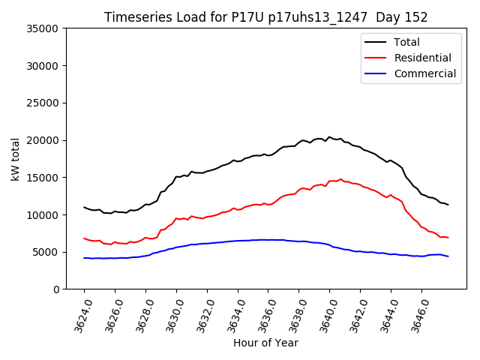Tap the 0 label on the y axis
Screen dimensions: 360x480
pos(55,289)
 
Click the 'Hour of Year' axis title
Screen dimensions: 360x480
pos(265,343)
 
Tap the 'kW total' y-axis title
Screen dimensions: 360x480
pos(16,158)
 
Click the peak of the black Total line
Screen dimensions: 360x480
pos(328,137)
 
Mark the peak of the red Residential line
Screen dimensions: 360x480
pos(340,179)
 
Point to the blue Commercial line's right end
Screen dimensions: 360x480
pos(448,256)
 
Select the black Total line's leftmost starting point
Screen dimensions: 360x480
pos(84,207)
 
